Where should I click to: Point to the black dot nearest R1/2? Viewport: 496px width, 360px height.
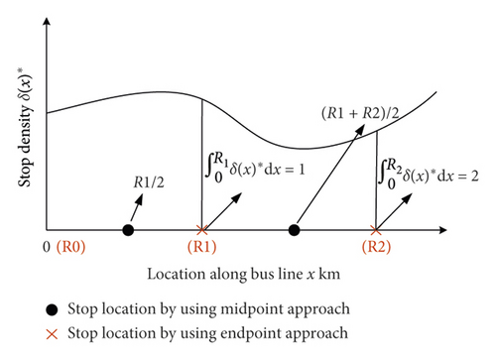coord(127,230)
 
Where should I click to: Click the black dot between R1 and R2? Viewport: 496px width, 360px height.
coord(294,230)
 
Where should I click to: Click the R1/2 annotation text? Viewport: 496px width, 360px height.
coord(149,183)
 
